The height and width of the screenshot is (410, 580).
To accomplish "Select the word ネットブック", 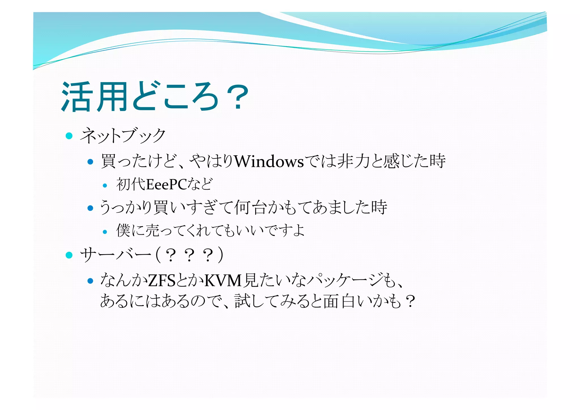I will tap(122, 136).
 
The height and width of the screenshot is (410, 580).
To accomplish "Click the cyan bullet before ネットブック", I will tap(69, 136).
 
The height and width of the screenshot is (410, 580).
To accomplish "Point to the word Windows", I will tap(269, 162).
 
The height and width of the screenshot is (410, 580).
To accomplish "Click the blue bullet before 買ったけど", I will tap(90, 162).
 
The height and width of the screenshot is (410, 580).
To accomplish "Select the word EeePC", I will tap(167, 185).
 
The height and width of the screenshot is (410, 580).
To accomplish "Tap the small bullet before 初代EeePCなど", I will tap(105, 186).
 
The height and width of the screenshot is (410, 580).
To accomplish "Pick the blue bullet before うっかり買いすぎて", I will tap(90, 208).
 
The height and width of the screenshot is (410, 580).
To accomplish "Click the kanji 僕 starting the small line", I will tap(123, 230).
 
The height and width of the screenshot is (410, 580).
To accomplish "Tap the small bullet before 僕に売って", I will tap(105, 232).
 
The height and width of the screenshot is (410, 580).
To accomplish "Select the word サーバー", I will tap(116, 255).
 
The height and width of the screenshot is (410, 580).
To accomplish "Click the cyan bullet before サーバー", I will tap(69, 255).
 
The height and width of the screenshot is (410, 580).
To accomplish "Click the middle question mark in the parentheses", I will tap(189, 256).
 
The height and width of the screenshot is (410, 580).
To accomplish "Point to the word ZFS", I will tap(162, 281).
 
